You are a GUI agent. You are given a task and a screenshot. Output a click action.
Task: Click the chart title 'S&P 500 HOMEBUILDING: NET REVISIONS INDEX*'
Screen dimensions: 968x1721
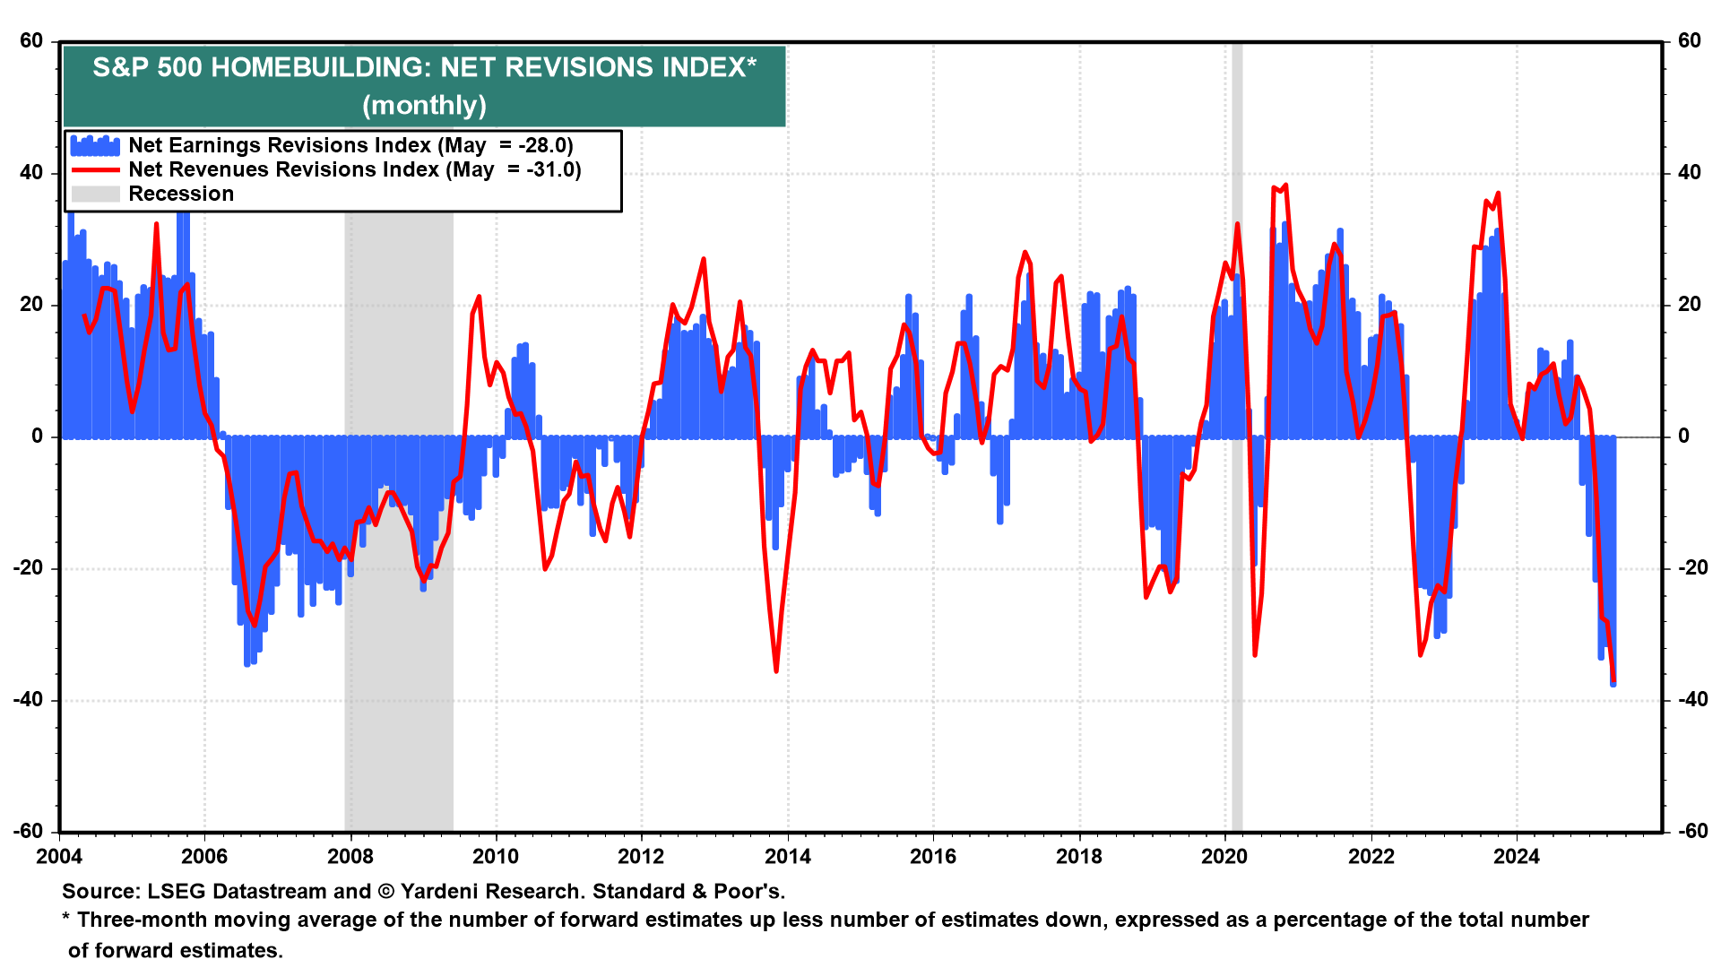click(x=424, y=67)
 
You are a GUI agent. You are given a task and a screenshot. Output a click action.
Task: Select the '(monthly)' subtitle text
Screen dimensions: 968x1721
click(x=424, y=106)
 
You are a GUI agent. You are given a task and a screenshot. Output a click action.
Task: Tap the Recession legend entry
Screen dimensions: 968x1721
click(x=180, y=194)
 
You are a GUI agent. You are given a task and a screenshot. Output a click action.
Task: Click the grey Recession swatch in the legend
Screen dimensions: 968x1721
click(x=95, y=194)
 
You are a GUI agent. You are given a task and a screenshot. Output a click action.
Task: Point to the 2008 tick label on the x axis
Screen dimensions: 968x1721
click(x=350, y=857)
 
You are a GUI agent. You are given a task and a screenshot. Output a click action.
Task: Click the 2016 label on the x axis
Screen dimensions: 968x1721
click(x=932, y=857)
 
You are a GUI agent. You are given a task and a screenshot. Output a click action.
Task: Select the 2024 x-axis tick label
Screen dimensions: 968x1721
click(x=1516, y=857)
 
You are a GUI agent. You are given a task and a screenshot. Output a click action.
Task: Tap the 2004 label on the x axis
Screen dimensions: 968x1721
click(x=59, y=857)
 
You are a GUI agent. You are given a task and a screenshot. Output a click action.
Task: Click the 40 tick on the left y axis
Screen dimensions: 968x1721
click(x=31, y=172)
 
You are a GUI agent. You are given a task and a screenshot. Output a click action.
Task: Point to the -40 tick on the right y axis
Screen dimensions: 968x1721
click(x=1689, y=700)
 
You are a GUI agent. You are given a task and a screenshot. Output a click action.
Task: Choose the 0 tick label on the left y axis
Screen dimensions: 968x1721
click(x=37, y=436)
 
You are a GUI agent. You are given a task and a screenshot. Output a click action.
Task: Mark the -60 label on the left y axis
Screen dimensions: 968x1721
click(x=29, y=831)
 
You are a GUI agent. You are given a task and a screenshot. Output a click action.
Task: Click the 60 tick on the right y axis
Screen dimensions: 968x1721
click(x=1689, y=40)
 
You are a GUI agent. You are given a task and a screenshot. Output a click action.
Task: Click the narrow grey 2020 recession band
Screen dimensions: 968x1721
click(x=1237, y=538)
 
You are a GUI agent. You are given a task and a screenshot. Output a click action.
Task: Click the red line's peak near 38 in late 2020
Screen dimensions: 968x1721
click(x=1285, y=186)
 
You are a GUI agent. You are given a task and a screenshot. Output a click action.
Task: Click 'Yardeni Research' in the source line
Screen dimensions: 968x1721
click(x=492, y=892)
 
